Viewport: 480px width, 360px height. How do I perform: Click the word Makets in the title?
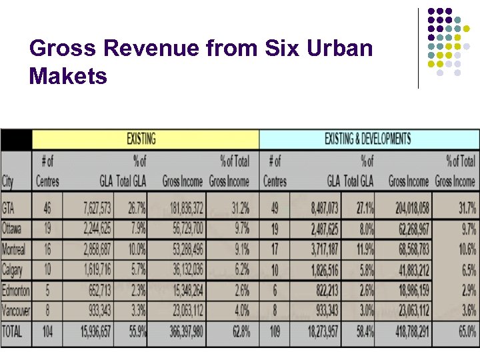(68, 77)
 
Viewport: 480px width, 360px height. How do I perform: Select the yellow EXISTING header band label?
(141, 139)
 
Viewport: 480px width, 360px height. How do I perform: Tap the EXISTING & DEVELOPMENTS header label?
(367, 139)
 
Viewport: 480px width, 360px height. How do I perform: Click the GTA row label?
(9, 208)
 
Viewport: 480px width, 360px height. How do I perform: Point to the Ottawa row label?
(13, 229)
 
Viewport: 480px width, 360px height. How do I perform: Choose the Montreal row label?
(15, 249)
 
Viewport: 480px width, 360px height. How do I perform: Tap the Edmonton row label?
(16, 291)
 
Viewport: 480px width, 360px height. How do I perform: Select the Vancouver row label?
(16, 311)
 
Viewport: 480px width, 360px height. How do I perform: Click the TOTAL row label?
(13, 331)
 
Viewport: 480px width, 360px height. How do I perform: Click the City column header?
(8, 181)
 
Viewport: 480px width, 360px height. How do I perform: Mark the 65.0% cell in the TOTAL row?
(465, 331)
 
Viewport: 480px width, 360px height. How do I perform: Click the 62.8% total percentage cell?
(238, 331)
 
